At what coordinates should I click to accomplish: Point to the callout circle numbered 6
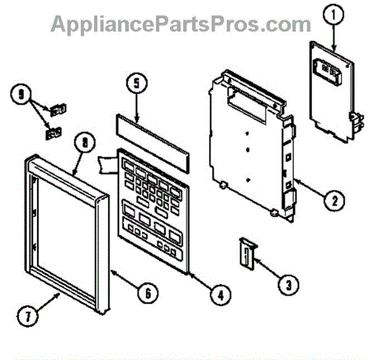[147, 293]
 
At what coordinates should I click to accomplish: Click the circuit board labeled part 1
[331, 88]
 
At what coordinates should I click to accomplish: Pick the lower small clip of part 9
[52, 133]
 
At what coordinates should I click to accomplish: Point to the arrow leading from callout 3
[267, 268]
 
